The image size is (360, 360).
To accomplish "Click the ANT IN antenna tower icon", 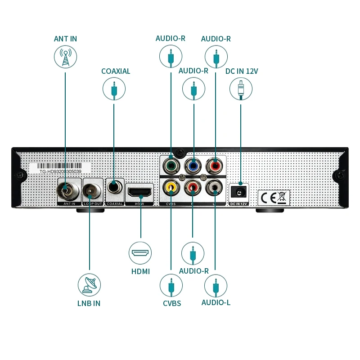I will (x=65, y=57).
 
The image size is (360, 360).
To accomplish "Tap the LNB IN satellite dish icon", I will (x=89, y=284).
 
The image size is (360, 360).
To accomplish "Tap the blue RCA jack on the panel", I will (x=193, y=165).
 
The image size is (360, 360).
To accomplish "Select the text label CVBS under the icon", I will (x=172, y=303).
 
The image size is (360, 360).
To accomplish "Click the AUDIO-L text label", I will (x=216, y=302).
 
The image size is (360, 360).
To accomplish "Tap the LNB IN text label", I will (x=89, y=303).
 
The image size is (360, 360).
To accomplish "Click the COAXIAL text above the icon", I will (x=116, y=71).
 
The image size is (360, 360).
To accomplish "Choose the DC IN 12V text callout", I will (x=242, y=71).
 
